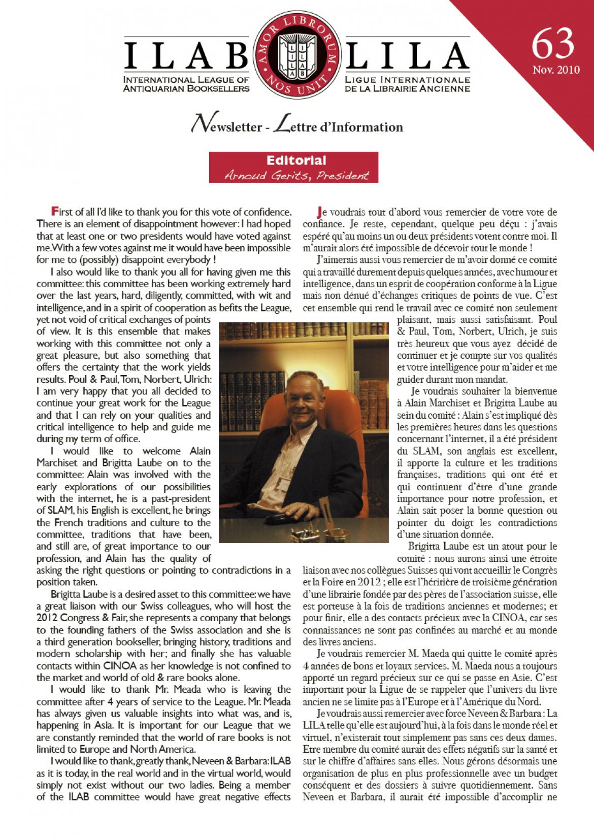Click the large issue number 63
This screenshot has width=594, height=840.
[x=553, y=43]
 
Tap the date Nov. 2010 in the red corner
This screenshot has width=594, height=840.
[x=556, y=70]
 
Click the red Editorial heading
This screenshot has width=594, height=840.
[x=296, y=160]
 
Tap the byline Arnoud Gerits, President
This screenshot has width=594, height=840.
[x=296, y=175]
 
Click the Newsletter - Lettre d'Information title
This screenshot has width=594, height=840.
[x=296, y=126]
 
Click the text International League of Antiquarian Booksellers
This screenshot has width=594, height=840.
[x=187, y=84]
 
